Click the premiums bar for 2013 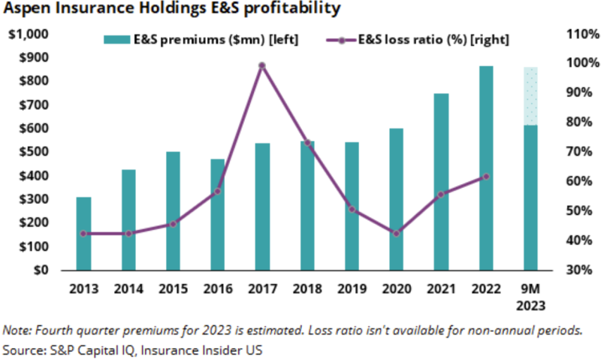pos(84,233)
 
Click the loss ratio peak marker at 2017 pos(262,66)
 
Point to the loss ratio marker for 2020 pos(397,233)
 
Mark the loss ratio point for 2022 pos(486,177)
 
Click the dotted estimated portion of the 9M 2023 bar pos(530,95)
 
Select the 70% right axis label pos(570,152)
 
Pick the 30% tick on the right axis pos(570,270)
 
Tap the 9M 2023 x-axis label pos(530,296)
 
